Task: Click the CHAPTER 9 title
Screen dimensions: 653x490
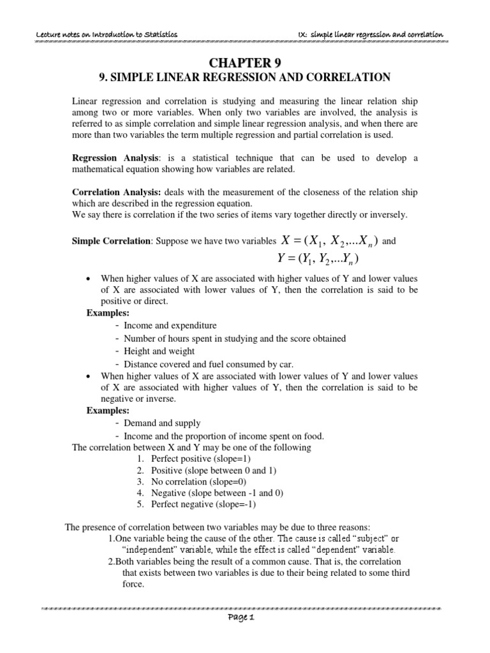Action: [x=245, y=62]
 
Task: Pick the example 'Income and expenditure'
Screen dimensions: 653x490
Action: [x=170, y=325]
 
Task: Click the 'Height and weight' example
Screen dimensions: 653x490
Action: [x=160, y=351]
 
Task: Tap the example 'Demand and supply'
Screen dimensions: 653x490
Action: [x=162, y=423]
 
